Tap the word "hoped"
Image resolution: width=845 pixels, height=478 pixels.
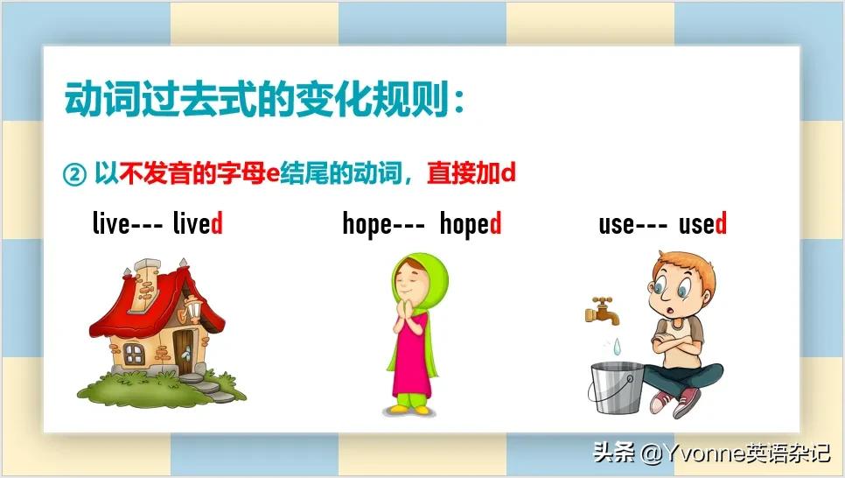471,225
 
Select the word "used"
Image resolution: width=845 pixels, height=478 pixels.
702,224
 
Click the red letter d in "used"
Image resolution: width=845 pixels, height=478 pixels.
722,224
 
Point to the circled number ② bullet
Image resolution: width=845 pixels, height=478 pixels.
75,173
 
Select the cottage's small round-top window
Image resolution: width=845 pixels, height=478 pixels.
134,353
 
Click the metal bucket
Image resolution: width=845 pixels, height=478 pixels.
615,385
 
